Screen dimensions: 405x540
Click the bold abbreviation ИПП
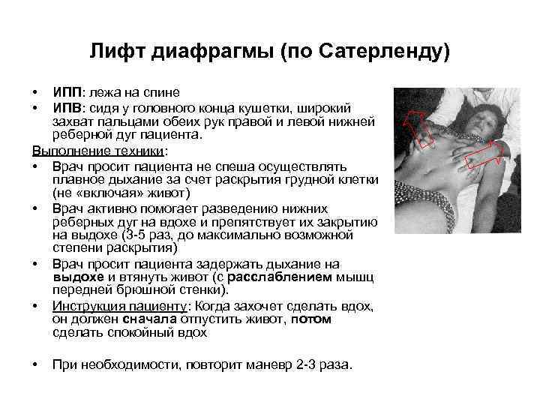pyautogui.click(x=66, y=92)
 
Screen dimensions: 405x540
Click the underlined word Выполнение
pyautogui.click(x=63, y=149)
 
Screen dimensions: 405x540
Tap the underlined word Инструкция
pyautogui.click(x=86, y=305)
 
